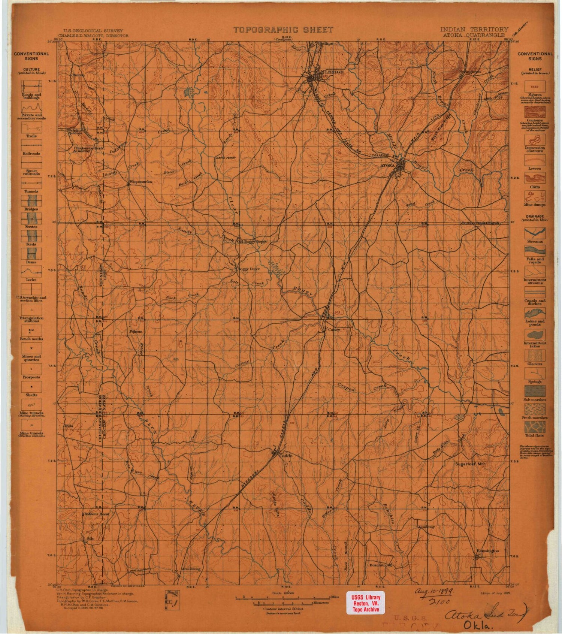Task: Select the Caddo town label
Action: click(285, 456)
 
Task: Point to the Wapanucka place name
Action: click(140, 182)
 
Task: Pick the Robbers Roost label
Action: click(97, 514)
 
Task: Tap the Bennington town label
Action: click(487, 551)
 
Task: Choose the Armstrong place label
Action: click(191, 568)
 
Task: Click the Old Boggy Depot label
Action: click(252, 242)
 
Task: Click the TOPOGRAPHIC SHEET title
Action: click(283, 30)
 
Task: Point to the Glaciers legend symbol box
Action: click(535, 354)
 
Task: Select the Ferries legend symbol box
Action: click(31, 218)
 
